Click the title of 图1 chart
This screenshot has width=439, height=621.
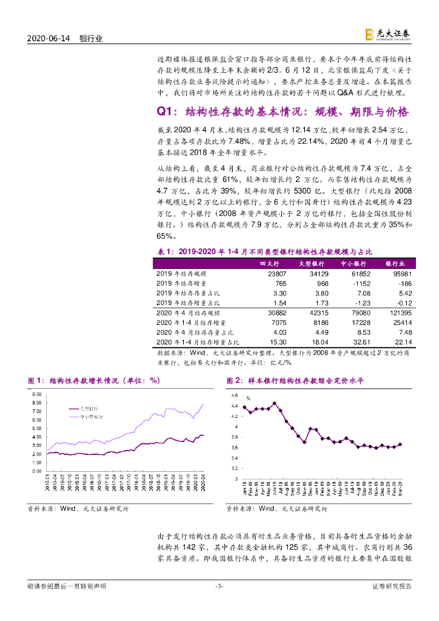pyautogui.click(x=93, y=380)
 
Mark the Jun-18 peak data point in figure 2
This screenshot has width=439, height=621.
pyautogui.click(x=274, y=403)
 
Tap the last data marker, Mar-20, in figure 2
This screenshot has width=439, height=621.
pyautogui.click(x=400, y=444)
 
